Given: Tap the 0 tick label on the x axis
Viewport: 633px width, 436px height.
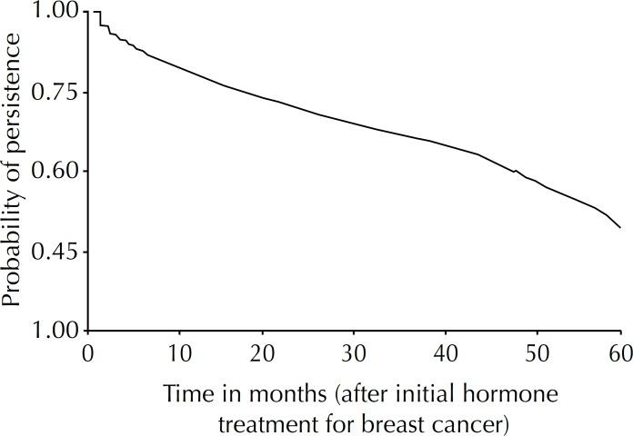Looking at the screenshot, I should [88, 351].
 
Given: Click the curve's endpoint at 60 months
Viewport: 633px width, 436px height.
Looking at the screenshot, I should [620, 227].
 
